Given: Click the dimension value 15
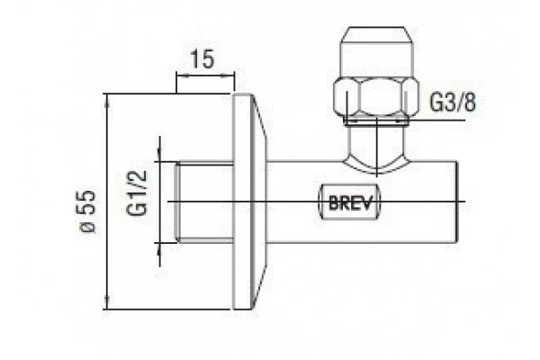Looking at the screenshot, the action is pyautogui.click(x=202, y=58).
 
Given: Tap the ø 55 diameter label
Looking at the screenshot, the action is pyautogui.click(x=87, y=211).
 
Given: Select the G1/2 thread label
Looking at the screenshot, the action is pyautogui.click(x=137, y=193).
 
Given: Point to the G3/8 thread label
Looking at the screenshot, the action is pyautogui.click(x=454, y=102).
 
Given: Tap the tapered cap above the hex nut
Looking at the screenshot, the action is pyautogui.click(x=376, y=51).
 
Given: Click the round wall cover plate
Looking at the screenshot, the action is pyautogui.click(x=249, y=202).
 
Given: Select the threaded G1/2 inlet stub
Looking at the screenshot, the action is pyautogui.click(x=204, y=202).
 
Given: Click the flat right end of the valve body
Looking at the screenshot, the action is pyautogui.click(x=457, y=202).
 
